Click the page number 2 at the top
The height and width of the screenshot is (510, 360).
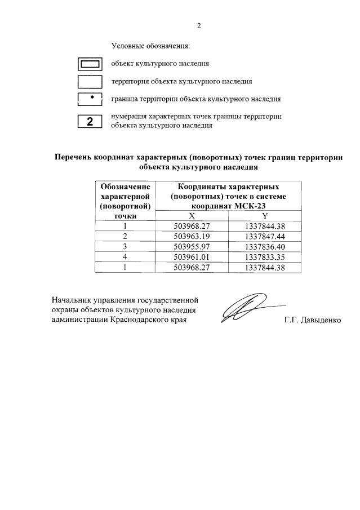click(x=199, y=25)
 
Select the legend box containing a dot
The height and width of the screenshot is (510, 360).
click(x=90, y=99)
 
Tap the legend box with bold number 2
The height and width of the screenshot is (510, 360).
click(x=90, y=121)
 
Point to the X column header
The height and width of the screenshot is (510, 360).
click(x=192, y=216)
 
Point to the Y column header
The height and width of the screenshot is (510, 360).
click(x=265, y=216)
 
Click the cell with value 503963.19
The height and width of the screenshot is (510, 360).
click(x=192, y=236)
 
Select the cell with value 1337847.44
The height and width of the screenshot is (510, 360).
click(x=265, y=236)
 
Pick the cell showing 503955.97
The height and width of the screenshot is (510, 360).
click(x=192, y=246)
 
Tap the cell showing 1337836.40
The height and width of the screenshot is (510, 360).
click(x=265, y=246)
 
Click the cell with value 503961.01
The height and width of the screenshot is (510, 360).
click(x=192, y=257)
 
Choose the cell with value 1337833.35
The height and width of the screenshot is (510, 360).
click(x=265, y=257)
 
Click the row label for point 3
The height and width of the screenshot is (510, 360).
click(x=125, y=246)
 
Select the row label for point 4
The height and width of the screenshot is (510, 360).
click(x=125, y=257)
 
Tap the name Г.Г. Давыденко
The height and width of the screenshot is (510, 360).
click(x=313, y=321)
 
